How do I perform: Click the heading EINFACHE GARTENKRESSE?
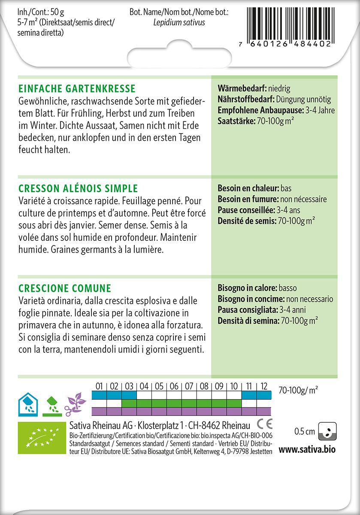pos(77,89)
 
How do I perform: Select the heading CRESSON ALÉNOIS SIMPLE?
pos(78,188)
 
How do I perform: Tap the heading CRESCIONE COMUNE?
pos(65,288)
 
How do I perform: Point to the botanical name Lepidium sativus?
pos(179,22)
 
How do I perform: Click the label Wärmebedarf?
pos(242,89)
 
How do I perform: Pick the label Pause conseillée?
pos(246,210)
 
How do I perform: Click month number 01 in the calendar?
pos(99,386)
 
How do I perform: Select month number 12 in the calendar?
pos(263,386)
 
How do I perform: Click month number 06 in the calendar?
pos(174,386)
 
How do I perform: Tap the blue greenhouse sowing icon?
pos(28,404)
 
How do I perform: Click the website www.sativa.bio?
pos(307,450)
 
